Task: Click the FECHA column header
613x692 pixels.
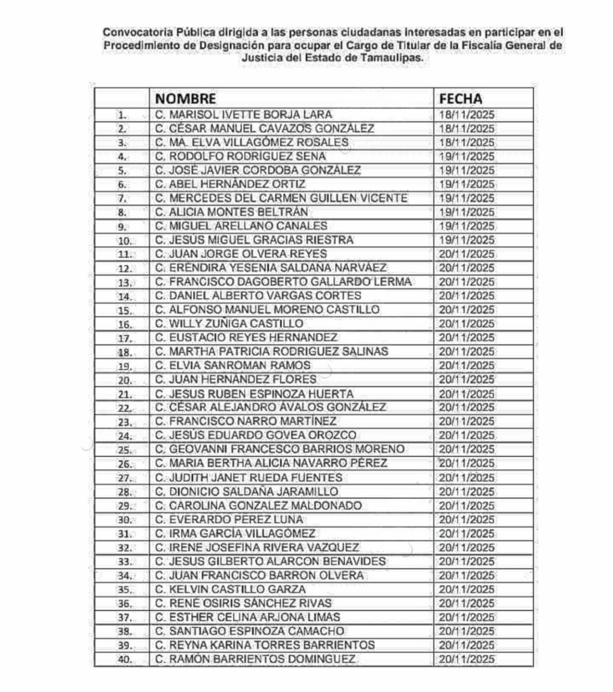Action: tap(461, 99)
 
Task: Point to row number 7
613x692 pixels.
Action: tap(122, 198)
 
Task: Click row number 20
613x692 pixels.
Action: tap(122, 380)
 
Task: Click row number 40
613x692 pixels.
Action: tap(122, 659)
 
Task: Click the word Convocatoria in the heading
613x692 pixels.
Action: tap(134, 32)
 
